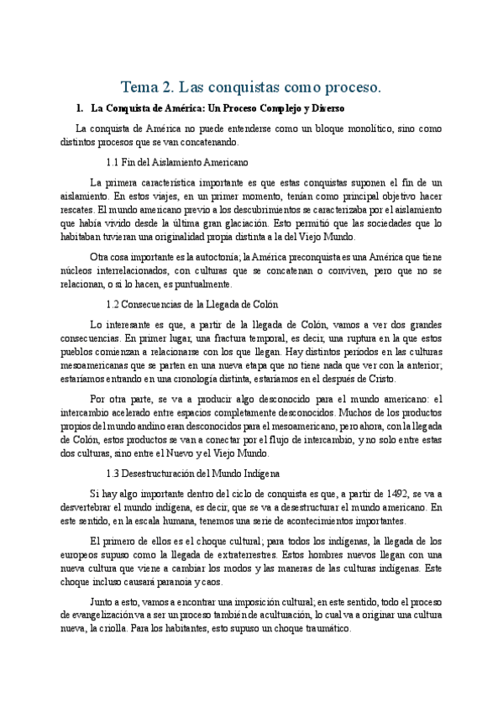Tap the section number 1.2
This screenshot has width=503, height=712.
pos(115,303)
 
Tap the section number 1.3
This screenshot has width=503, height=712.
pos(115,473)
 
